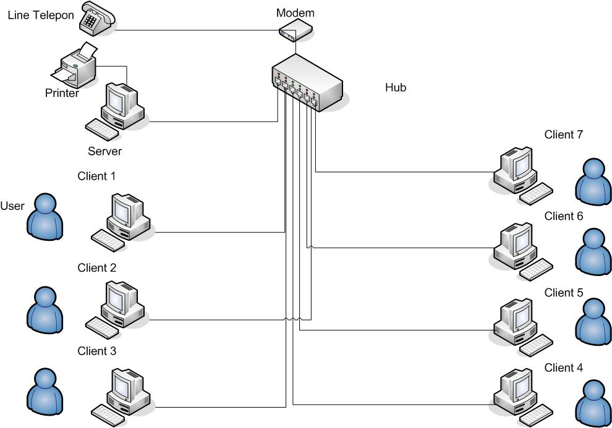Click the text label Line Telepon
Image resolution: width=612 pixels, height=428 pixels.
(x=41, y=14)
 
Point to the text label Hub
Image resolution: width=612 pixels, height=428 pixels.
(x=396, y=88)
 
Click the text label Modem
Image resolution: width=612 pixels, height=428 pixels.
(x=295, y=13)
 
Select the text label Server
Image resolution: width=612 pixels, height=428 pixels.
(x=104, y=151)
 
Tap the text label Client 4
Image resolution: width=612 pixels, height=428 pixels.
(x=563, y=368)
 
